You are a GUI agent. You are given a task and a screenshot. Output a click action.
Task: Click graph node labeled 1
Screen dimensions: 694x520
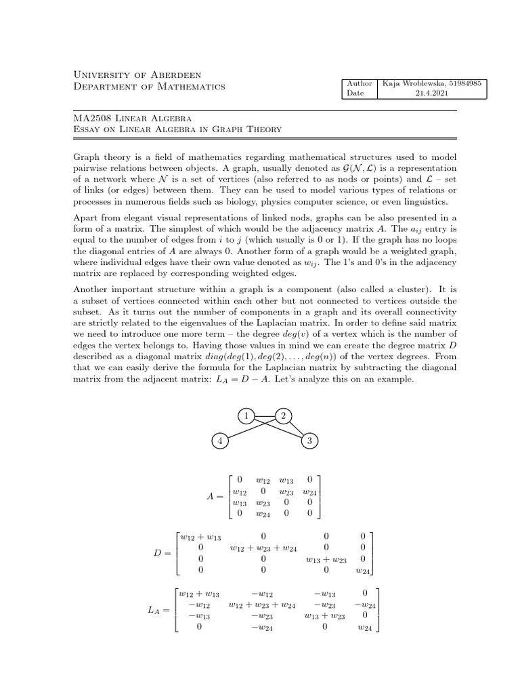247,415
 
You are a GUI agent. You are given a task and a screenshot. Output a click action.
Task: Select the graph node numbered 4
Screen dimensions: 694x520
219,441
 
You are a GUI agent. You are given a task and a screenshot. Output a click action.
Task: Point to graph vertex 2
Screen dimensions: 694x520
283,415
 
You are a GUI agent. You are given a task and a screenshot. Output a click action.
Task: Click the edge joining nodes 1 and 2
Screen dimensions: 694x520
265,415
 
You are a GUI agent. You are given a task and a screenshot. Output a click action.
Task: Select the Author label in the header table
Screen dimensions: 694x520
359,83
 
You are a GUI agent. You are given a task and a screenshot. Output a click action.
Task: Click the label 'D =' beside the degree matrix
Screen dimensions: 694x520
162,553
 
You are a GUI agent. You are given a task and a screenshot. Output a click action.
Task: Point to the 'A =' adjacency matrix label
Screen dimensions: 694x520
215,497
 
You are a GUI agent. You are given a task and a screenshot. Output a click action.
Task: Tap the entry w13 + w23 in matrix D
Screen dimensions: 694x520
326,560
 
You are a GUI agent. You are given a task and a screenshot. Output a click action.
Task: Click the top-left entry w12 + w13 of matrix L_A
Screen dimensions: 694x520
200,594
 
